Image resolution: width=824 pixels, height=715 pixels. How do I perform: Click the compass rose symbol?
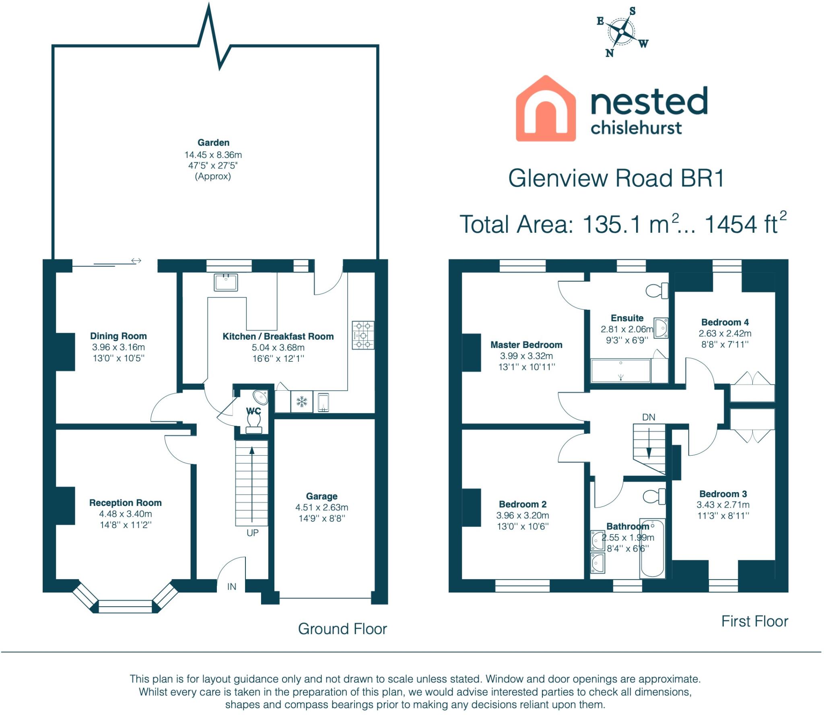pos(622,31)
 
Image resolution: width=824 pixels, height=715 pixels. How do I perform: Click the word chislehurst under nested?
pos(636,128)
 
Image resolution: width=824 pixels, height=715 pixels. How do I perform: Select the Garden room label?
pos(213,143)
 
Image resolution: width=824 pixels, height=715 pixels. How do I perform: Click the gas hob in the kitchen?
pos(363,335)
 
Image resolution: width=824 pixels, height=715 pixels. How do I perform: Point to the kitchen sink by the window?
pos(226,282)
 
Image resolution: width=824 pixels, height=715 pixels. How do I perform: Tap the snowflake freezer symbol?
pos(302,402)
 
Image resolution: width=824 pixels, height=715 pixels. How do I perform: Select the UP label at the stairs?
pos(252,533)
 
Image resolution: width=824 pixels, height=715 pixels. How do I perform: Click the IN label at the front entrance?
pos(232,587)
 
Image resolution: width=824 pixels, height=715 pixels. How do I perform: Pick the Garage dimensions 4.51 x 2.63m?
pos(321,508)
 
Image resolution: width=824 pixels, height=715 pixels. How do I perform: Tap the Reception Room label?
pos(125,503)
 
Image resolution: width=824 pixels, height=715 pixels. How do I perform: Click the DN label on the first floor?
pos(649,417)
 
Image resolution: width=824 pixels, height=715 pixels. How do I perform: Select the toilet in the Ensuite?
pos(656,290)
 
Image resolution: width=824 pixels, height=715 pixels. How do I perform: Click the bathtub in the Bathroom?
pos(652,549)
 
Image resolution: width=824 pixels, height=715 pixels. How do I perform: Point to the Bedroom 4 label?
pos(725,322)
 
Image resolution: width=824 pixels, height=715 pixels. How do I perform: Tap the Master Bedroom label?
pos(526,345)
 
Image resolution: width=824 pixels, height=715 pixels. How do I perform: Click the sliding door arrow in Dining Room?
pos(136,261)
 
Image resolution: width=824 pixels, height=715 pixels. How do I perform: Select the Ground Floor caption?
pos(342,629)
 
